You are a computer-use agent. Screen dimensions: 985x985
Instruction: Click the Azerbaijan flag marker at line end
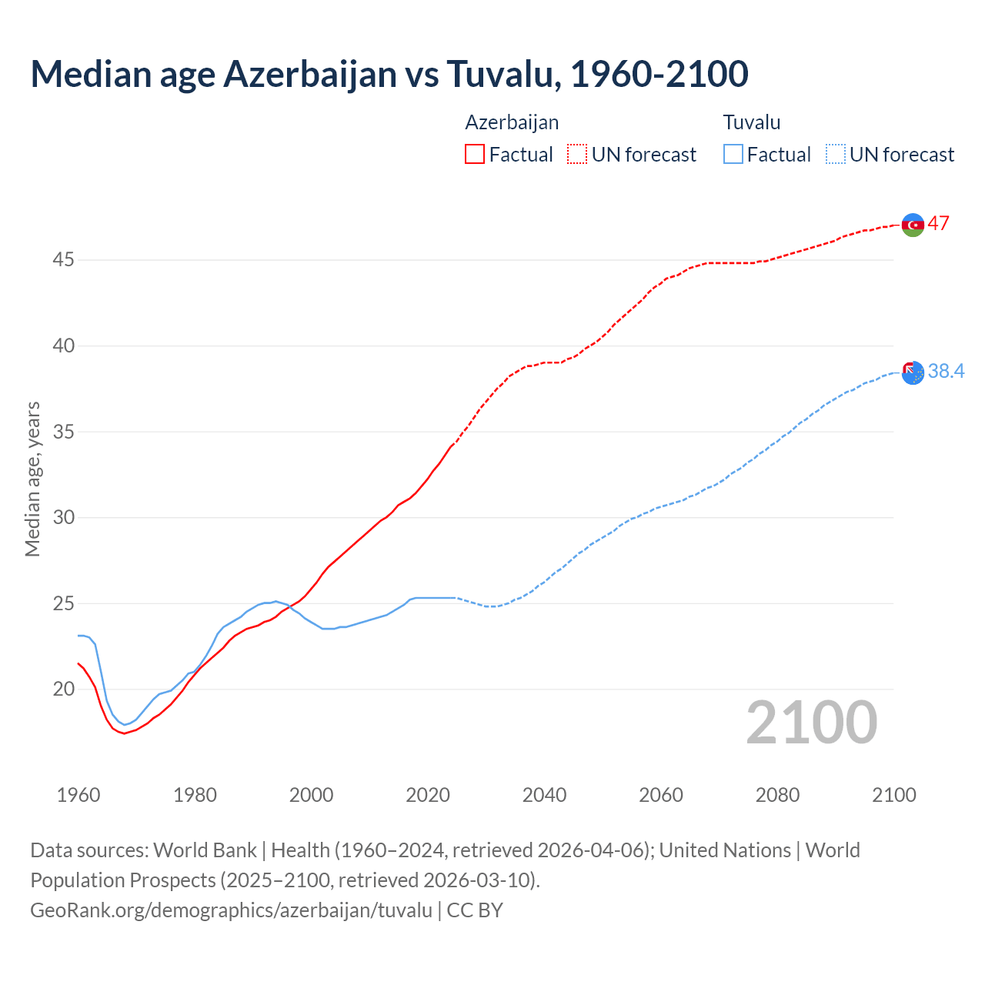pos(913,225)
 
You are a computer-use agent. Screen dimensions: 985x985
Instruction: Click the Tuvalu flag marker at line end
pos(913,372)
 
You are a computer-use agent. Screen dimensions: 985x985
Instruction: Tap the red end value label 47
pos(938,224)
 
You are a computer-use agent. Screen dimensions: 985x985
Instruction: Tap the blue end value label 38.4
pos(946,372)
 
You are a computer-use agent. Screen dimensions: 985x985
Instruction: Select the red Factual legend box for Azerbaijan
pos(475,155)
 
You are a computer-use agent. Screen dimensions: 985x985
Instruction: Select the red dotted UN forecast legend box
pos(577,155)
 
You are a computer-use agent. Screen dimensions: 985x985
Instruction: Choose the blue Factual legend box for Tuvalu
pos(733,155)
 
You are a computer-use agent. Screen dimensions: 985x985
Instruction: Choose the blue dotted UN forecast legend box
pos(836,155)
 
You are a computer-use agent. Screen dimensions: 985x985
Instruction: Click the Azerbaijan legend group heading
pos(512,122)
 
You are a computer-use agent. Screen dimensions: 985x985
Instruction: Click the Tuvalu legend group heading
pos(752,122)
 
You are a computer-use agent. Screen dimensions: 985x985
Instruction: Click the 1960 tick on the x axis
pos(78,795)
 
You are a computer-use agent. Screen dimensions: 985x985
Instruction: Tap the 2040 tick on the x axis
pos(544,795)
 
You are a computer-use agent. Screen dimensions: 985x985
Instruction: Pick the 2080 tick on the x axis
pos(777,795)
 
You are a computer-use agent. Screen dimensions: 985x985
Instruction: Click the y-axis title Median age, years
pos(32,479)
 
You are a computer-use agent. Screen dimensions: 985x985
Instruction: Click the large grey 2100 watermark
pos(812,723)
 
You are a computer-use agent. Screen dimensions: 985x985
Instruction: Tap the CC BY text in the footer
pos(475,910)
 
